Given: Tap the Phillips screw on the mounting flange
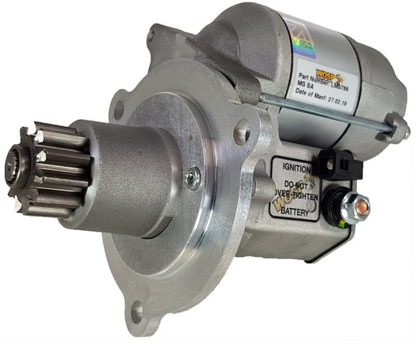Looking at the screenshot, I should [x=192, y=177].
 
